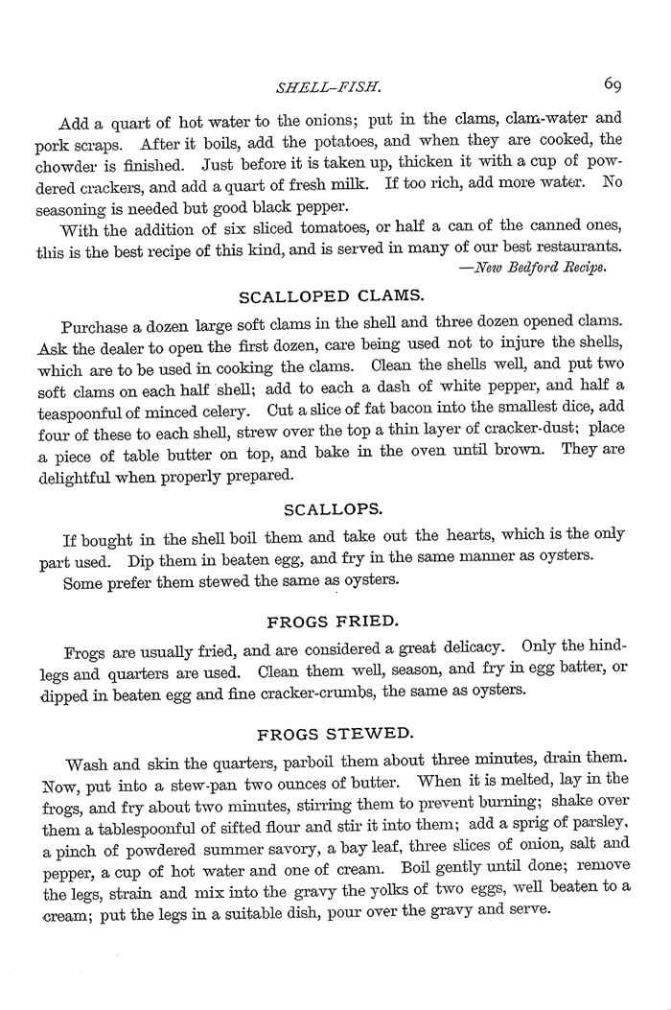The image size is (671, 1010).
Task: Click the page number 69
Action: pyautogui.click(x=614, y=83)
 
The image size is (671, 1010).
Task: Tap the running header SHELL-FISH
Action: pyautogui.click(x=329, y=88)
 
